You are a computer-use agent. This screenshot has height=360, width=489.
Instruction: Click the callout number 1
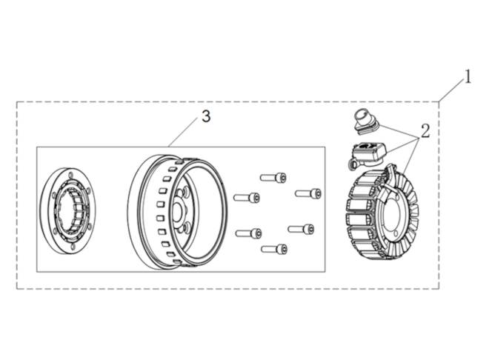(x=468, y=77)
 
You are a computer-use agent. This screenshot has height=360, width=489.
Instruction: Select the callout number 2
(x=425, y=131)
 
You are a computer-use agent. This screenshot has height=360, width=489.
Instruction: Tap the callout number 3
(x=206, y=116)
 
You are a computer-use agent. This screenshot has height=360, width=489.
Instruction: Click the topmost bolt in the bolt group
(x=273, y=178)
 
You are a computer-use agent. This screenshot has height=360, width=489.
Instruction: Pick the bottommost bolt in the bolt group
(x=274, y=249)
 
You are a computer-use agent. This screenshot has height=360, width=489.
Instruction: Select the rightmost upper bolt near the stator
(x=308, y=193)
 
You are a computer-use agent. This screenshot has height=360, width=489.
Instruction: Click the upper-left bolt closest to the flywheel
(x=247, y=197)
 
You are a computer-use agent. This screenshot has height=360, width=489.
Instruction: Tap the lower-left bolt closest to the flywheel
(x=248, y=233)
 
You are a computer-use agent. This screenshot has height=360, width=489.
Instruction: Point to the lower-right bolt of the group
(x=301, y=229)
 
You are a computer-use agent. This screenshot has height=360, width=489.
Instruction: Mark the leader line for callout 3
(x=184, y=133)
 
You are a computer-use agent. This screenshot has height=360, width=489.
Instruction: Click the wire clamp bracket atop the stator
(x=389, y=180)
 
